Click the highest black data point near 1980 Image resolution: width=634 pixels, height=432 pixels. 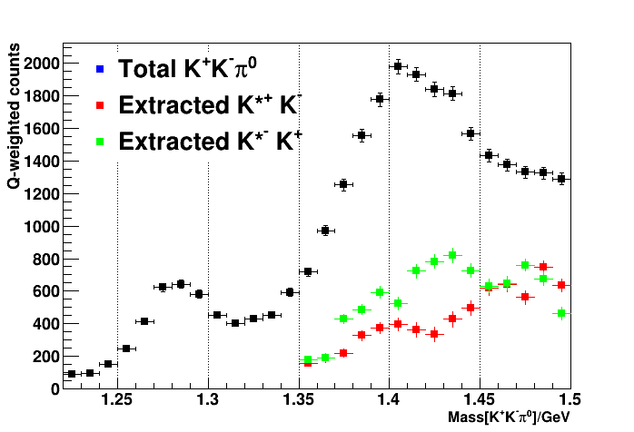(398, 66)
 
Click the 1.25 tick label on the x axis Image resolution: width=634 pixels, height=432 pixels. (117, 399)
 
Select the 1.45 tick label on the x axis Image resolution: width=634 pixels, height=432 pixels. (480, 399)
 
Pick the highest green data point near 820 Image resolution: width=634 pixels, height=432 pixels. (452, 255)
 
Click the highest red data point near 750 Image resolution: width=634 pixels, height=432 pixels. (543, 267)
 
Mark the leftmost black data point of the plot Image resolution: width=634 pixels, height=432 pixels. (72, 374)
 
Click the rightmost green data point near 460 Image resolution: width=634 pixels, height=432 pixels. (561, 313)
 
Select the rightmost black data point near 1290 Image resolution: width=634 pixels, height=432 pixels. (561, 179)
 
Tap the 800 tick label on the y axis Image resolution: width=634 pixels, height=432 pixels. (45, 259)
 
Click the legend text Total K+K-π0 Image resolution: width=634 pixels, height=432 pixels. (196, 68)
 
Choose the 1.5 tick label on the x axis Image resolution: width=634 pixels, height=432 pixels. (570, 399)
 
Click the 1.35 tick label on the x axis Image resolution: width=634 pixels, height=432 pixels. (299, 399)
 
